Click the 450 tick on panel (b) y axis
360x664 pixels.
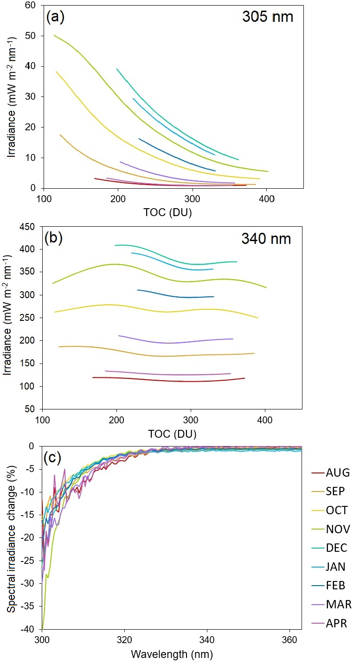tap(28, 227)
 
